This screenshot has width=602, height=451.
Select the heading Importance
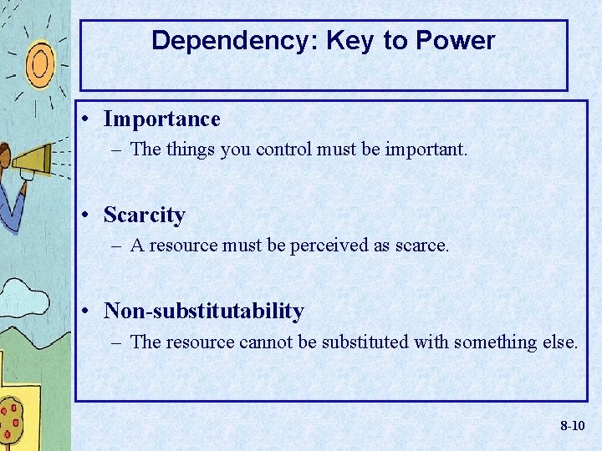[161, 119]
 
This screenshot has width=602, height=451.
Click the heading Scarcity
[144, 215]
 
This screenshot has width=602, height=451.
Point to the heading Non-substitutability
[203, 312]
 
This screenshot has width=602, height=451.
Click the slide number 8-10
[572, 426]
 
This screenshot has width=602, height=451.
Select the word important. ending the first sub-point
[427, 150]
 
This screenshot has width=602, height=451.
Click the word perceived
[328, 246]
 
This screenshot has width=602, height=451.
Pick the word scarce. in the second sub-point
[422, 246]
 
